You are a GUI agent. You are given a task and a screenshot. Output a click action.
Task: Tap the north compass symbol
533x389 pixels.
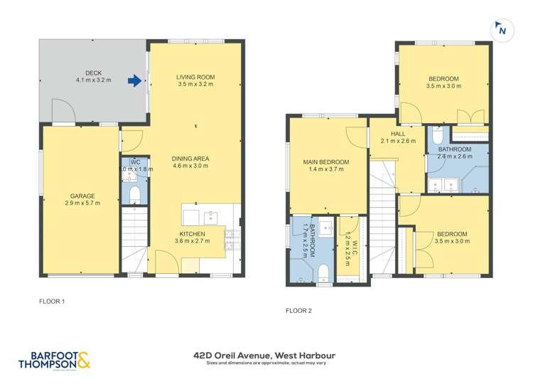tap(501, 31)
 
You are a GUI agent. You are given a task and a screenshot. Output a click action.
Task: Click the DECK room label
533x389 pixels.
tap(93, 73)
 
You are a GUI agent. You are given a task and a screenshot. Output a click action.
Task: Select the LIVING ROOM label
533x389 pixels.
tap(195, 77)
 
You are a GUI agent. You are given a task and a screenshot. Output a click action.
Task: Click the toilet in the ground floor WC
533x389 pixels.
tap(134, 194)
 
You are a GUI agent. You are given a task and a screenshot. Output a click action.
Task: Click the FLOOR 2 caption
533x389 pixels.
tap(298, 310)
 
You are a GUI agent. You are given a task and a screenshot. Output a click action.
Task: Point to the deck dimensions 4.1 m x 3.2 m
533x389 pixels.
tap(93, 80)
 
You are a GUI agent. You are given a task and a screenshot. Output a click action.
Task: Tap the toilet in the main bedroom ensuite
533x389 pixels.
tap(323, 272)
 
